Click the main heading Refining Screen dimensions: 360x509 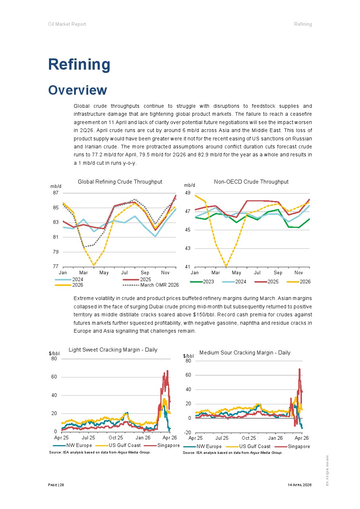pyautogui.click(x=79, y=65)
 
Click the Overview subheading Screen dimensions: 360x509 pyautogui.click(x=78, y=90)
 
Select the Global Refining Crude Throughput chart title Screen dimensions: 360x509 pyautogui.click(x=120, y=182)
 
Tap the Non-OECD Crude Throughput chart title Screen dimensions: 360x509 pyautogui.click(x=251, y=182)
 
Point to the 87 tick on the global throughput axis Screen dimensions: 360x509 pyautogui.click(x=56, y=193)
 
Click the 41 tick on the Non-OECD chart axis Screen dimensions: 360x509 pyautogui.click(x=188, y=267)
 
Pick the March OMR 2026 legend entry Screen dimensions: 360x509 pyautogui.click(x=151, y=285)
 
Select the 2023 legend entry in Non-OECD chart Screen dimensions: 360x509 pyautogui.click(x=202, y=282)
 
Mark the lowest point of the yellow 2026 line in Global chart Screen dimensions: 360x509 pyautogui.click(x=94, y=265)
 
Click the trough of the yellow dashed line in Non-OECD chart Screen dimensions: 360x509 pyautogui.click(x=226, y=266)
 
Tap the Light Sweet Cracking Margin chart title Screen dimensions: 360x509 pyautogui.click(x=113, y=350)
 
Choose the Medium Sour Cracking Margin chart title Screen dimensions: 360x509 pyautogui.click(x=245, y=353)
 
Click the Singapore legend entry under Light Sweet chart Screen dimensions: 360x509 pyautogui.click(x=161, y=446)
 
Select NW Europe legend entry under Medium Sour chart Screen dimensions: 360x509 pyautogui.click(x=202, y=446)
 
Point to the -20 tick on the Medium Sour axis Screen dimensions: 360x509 pyautogui.click(x=188, y=432)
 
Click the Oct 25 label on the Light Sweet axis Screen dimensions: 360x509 pyautogui.click(x=116, y=438)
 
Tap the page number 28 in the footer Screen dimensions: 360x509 pyautogui.click(x=62, y=485)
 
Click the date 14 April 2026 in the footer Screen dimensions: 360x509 pyautogui.click(x=299, y=485)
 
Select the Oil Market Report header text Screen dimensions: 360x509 pyautogui.click(x=67, y=24)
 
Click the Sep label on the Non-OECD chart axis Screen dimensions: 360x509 pyautogui.click(x=278, y=273)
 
